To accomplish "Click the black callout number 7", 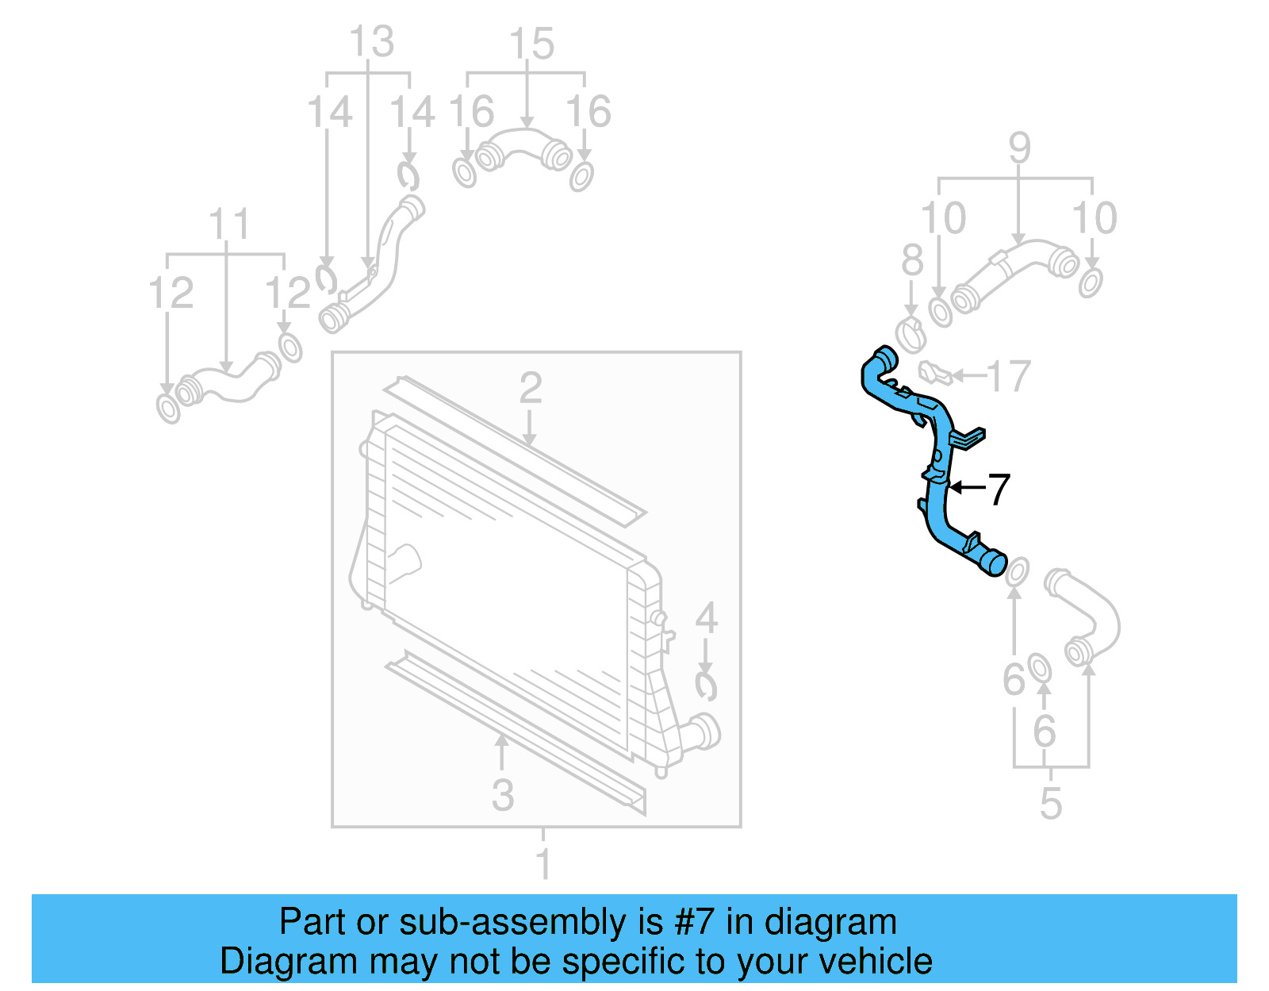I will coord(999,489).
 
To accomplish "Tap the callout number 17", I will coord(1009,376).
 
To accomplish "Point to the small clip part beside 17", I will coord(934,371).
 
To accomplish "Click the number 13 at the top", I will coord(371,41).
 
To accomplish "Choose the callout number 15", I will coord(531,44).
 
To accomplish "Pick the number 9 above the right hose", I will coord(1020,148).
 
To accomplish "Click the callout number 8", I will coord(912,260).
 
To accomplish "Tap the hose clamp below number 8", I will coord(911,333).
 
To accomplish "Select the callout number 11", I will coord(228,225).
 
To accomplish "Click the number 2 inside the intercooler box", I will coord(531,389).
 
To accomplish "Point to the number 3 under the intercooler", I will coord(503,795).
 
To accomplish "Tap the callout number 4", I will coord(706,619).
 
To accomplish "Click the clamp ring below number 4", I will coord(705,686).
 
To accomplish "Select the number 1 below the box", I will coord(543,863).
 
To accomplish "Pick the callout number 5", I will coord(1050,804).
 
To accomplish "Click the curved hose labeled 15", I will coord(523,148).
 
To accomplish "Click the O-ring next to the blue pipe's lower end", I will coord(1017,571).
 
